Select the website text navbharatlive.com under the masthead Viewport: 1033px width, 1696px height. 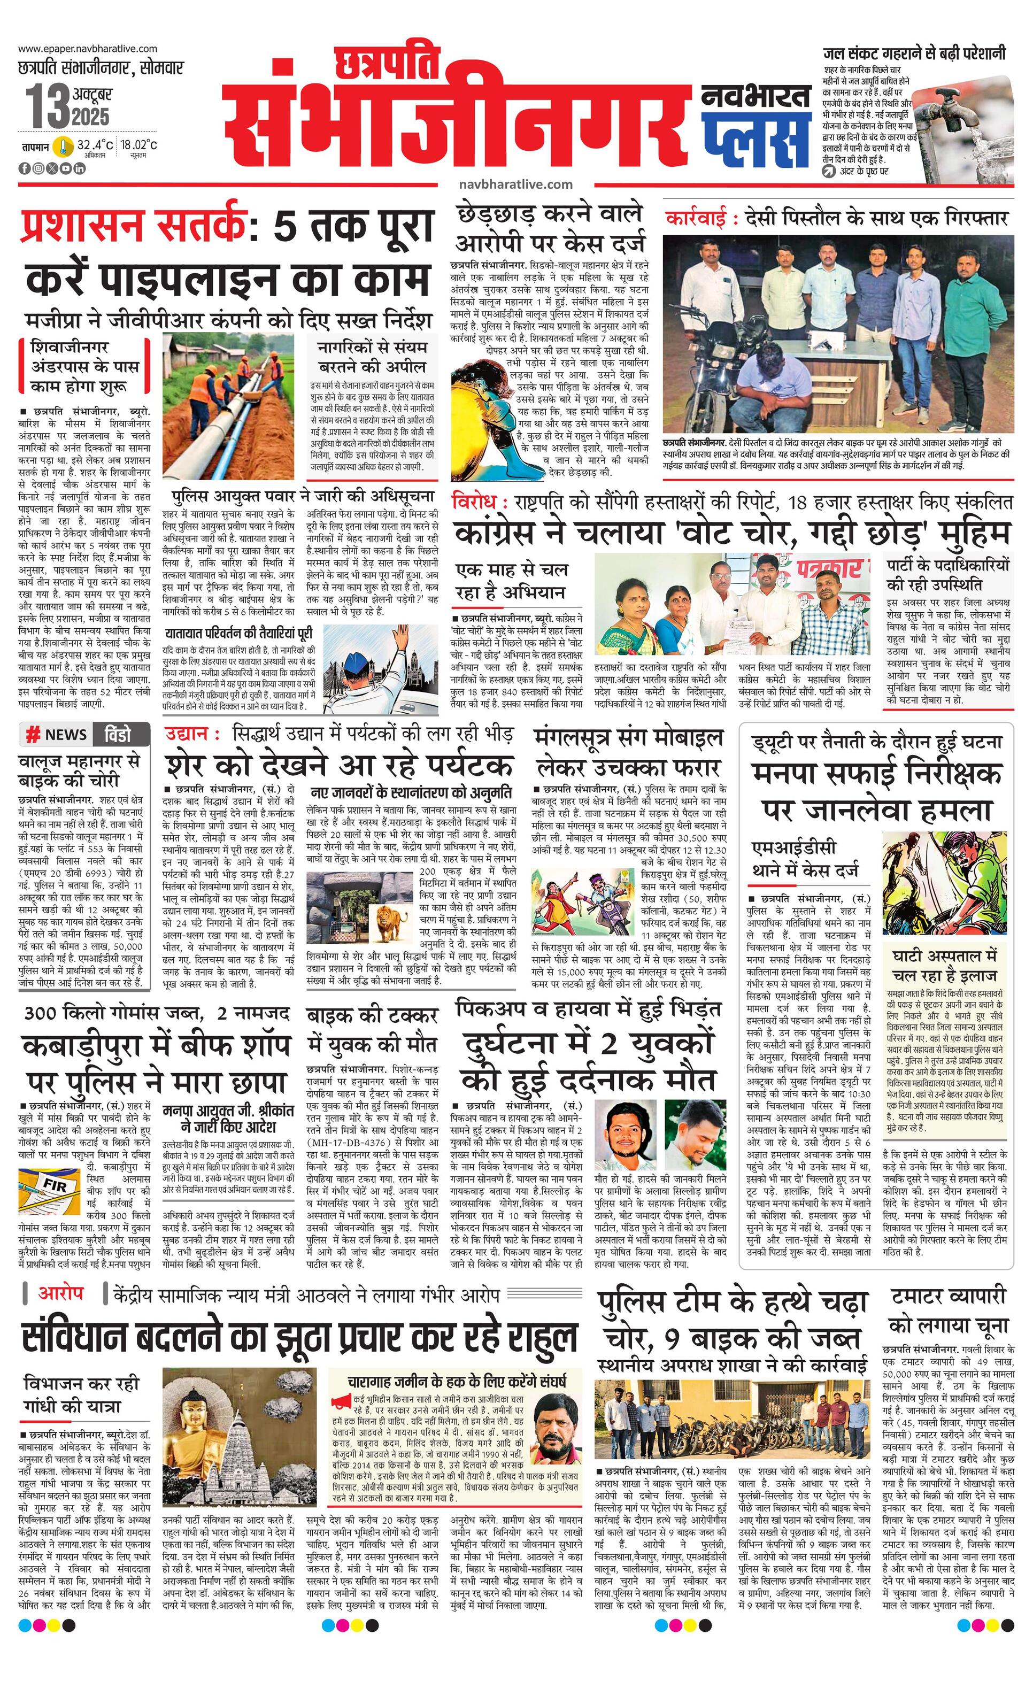(515, 184)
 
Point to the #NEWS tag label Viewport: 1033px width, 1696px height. (57, 735)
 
